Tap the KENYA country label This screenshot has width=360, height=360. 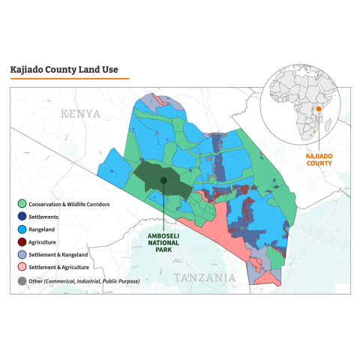point(80,113)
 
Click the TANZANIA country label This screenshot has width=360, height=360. point(205,277)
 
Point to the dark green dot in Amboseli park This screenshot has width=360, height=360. point(163,180)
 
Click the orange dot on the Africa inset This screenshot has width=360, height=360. point(318,109)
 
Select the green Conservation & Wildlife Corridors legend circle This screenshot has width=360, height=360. point(22,203)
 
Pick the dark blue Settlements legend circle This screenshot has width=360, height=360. point(22,216)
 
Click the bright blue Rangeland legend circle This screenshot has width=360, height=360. point(22,229)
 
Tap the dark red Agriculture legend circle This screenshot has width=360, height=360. point(22,241)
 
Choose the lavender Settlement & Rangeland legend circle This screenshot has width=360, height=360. point(22,254)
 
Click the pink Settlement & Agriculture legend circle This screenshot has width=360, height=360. point(22,267)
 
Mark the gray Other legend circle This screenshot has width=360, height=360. point(22,281)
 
